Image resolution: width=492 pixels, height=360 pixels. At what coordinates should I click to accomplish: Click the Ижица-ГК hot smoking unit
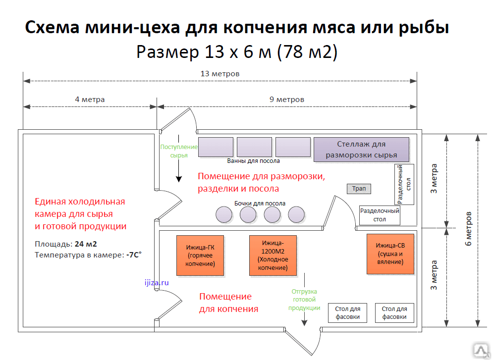[x=200, y=256]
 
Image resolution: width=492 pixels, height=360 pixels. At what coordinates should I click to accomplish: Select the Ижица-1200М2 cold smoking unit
[x=273, y=256]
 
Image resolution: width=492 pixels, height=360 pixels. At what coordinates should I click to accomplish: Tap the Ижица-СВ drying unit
[x=390, y=254]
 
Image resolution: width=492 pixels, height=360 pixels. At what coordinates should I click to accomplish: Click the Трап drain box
[x=359, y=189]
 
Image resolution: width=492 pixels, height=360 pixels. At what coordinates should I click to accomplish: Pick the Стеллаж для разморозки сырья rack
[x=362, y=150]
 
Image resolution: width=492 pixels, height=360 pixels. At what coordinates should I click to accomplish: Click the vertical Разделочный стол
[x=404, y=184]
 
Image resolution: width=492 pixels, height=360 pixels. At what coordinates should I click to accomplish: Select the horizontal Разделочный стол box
[x=380, y=215]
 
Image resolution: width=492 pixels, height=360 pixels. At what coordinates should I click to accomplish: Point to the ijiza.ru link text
[x=157, y=283]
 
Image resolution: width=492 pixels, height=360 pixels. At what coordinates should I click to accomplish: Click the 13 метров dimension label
[x=220, y=74]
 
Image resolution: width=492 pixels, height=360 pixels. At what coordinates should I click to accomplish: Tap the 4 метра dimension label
[x=90, y=100]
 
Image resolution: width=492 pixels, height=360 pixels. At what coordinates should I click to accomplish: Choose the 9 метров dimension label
[x=287, y=100]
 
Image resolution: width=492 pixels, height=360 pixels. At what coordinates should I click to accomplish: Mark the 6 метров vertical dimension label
[x=468, y=229]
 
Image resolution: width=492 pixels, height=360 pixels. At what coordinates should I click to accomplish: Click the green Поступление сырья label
[x=179, y=151]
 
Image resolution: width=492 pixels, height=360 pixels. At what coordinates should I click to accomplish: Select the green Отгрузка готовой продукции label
[x=304, y=300]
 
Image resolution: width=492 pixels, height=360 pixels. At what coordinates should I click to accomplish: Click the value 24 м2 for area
[x=86, y=244]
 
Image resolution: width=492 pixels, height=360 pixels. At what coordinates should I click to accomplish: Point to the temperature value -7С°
[x=134, y=255]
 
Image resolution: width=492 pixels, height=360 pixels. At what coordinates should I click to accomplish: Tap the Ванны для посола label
[x=254, y=161]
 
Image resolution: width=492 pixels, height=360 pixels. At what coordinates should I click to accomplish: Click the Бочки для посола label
[x=260, y=204]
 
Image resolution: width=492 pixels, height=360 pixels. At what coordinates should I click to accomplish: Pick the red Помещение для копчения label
[x=229, y=303]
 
